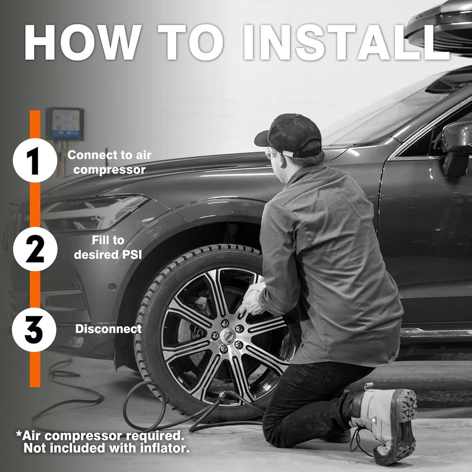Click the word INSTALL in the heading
click(x=346, y=42)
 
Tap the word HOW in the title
click(x=83, y=42)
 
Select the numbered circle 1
click(x=35, y=160)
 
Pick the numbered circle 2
click(x=35, y=249)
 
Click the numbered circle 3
click(x=34, y=329)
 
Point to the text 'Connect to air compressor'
click(x=110, y=162)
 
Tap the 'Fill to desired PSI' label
click(x=108, y=247)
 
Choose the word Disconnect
click(x=109, y=329)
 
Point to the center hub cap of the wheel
click(x=228, y=335)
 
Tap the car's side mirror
click(x=456, y=147)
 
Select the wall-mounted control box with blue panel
click(x=64, y=123)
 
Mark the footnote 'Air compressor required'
click(x=100, y=435)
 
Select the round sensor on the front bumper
click(x=112, y=287)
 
